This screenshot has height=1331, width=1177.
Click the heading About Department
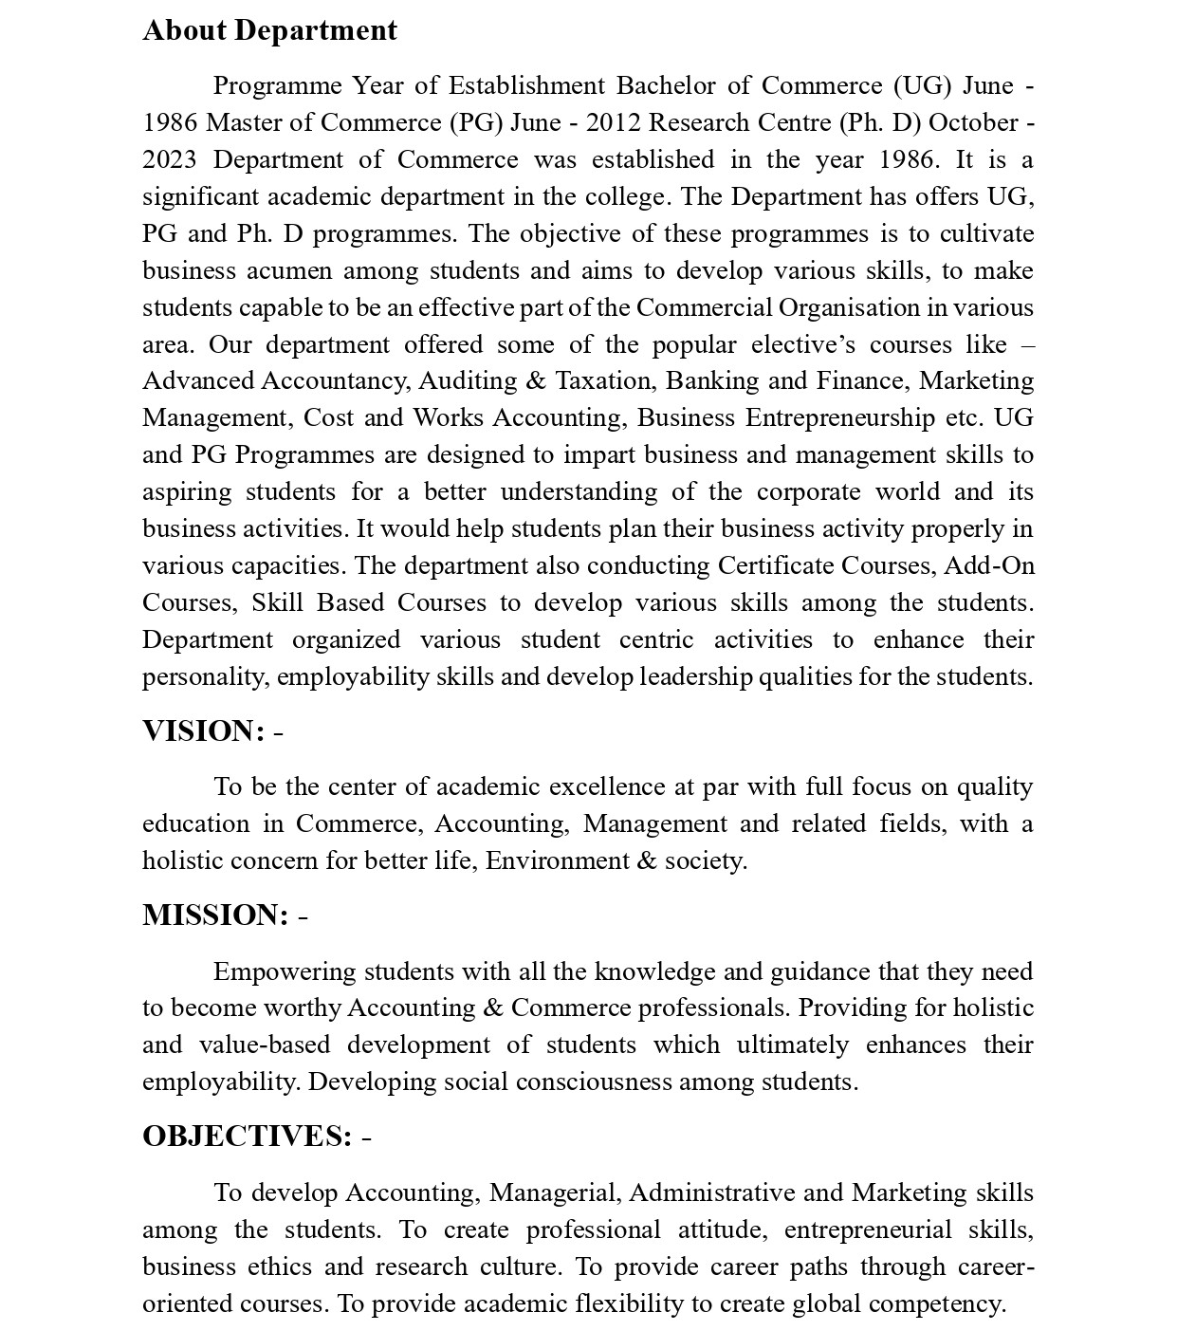[269, 30]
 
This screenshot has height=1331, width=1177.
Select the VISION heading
[203, 731]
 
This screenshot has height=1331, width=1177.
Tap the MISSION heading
[215, 915]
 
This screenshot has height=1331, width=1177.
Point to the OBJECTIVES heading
[247, 1137]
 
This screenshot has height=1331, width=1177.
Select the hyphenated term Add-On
[989, 566]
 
